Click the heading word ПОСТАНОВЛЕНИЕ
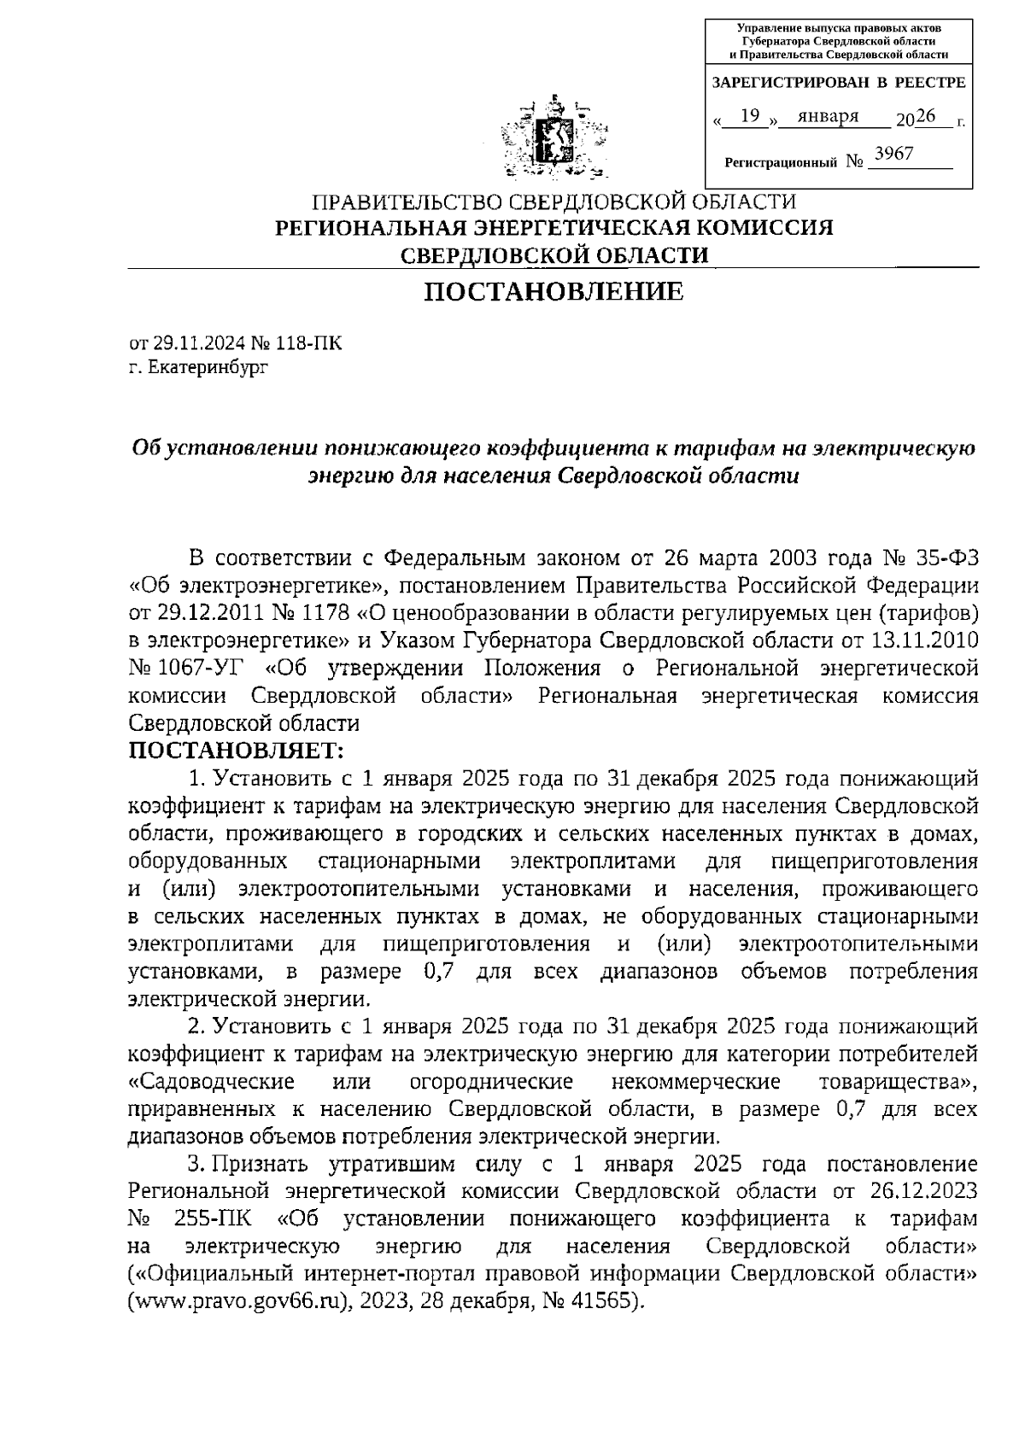pyautogui.click(x=554, y=292)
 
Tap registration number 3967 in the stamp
pyautogui.click(x=895, y=154)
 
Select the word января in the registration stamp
pyautogui.click(x=827, y=116)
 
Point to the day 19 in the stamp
pyautogui.click(x=750, y=116)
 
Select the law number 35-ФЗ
pyautogui.click(x=941, y=558)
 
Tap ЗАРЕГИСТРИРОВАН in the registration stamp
pyautogui.click(x=779, y=83)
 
